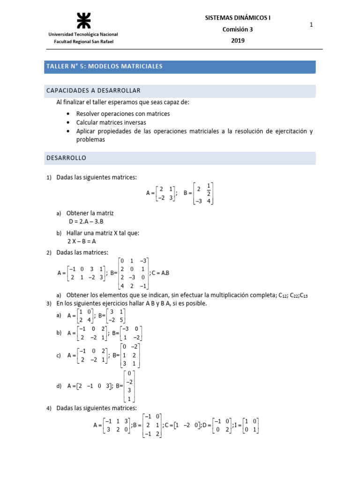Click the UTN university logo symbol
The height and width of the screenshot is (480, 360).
coord(82,20)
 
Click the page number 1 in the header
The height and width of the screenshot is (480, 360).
coord(311,25)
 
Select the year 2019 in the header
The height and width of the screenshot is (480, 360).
coord(238,40)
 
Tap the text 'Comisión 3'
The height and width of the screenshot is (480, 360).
coord(238,30)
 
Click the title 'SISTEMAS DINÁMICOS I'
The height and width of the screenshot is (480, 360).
coord(238,18)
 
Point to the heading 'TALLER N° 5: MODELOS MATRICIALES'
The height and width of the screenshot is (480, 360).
coord(104,67)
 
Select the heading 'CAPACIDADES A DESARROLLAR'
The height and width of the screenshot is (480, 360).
coord(93,90)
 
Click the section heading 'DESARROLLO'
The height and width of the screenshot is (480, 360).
coord(66,158)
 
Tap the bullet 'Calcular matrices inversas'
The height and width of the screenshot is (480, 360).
coord(111,122)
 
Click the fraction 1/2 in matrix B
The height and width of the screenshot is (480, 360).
coord(209,190)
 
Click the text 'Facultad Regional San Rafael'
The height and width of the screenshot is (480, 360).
coord(83,41)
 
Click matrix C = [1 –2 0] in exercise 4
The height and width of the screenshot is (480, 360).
coord(187,425)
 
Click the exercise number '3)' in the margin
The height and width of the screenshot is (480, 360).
coord(49,303)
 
